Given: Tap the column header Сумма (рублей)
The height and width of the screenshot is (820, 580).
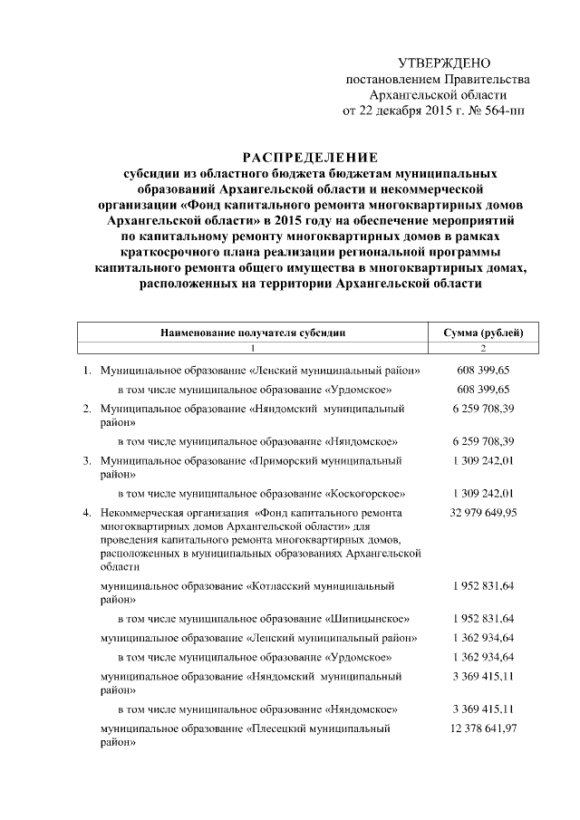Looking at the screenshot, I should point(482,333).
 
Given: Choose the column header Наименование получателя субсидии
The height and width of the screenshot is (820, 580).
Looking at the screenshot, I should point(253,333).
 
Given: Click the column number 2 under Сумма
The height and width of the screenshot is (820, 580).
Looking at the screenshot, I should point(482,349).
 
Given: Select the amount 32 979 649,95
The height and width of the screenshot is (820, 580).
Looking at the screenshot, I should point(482,513).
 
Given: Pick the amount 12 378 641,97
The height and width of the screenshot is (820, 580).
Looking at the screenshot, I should point(482,728).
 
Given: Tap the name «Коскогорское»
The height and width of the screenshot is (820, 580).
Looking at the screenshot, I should point(364,494).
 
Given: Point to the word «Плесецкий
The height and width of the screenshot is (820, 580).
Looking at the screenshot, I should point(278,728).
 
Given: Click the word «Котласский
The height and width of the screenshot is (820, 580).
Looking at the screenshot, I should point(279,586).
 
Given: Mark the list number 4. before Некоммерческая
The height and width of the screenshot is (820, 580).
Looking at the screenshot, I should point(87,513).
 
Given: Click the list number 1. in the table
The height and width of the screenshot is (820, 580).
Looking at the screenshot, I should point(87,371).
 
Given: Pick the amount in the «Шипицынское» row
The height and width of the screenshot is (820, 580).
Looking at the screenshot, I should point(482,618).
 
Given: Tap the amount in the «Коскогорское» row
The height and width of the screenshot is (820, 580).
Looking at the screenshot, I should point(482,494).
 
